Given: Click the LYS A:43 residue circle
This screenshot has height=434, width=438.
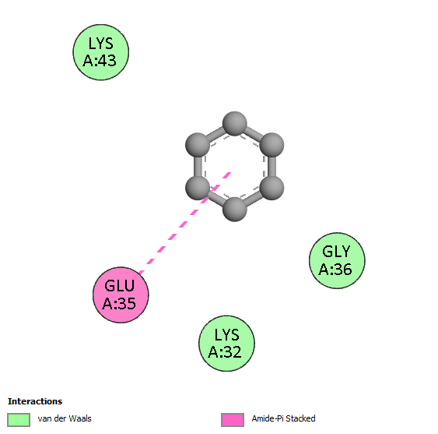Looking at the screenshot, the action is click(101, 52).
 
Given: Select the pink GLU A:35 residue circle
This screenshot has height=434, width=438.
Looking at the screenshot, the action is click(121, 295).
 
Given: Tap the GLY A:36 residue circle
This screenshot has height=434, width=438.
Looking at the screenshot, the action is click(337, 260).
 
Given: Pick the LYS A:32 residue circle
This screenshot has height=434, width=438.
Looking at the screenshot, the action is click(226, 344).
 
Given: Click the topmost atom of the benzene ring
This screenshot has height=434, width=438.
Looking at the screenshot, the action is click(235, 124).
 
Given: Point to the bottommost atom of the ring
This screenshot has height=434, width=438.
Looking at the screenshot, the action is click(235, 210).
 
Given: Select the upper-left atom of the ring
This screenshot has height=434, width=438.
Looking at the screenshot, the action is click(198, 145).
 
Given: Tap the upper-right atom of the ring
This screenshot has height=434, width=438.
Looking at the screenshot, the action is click(272, 145).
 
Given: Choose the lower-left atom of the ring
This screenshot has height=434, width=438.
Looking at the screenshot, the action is click(198, 188).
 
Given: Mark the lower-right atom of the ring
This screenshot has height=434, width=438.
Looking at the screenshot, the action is click(272, 188).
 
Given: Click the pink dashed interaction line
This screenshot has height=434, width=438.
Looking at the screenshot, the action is click(185, 223).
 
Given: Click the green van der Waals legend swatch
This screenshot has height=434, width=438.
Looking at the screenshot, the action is click(19, 420).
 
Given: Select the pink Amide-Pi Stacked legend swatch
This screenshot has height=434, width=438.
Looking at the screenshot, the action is click(233, 420).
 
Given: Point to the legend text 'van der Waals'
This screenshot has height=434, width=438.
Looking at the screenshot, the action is click(65, 418).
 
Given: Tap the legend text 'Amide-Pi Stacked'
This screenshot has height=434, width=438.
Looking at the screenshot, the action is click(283, 418).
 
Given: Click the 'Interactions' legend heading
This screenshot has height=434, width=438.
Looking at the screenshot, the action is click(35, 401).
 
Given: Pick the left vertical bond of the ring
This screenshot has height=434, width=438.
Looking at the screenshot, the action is click(198, 167).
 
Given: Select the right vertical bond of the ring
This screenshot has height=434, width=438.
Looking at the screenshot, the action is click(272, 167).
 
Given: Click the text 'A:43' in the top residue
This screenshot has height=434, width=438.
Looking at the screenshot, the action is click(100, 61).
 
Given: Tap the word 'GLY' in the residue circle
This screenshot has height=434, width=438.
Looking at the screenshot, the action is click(336, 252).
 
